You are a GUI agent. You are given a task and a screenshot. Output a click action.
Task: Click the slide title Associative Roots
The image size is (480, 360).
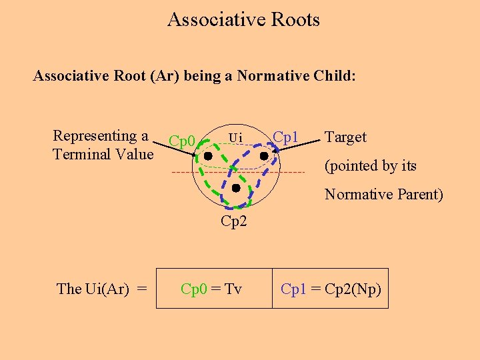point(243,19)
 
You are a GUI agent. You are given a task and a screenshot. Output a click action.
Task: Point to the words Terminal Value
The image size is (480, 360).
point(103,154)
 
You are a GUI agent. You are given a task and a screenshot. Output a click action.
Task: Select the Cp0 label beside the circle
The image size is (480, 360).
point(181,141)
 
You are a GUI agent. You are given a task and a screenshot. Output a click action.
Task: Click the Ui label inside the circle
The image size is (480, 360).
point(235,137)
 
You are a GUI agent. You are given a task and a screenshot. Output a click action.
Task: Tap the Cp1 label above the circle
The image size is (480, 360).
point(285,138)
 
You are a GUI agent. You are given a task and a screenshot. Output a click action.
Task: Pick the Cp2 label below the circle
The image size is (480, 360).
point(233,221)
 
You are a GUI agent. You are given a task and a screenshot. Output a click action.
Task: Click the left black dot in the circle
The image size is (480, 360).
point(208,156)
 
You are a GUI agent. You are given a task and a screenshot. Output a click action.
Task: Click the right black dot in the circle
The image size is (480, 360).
point(263,156)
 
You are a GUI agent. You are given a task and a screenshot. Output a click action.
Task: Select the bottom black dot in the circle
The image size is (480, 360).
point(235,189)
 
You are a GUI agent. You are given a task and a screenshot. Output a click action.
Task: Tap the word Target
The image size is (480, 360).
point(345,137)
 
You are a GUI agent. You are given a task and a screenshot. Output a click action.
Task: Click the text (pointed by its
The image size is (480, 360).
point(371,166)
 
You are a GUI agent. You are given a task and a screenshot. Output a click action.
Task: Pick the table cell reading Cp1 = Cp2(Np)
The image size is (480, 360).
point(330,289)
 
